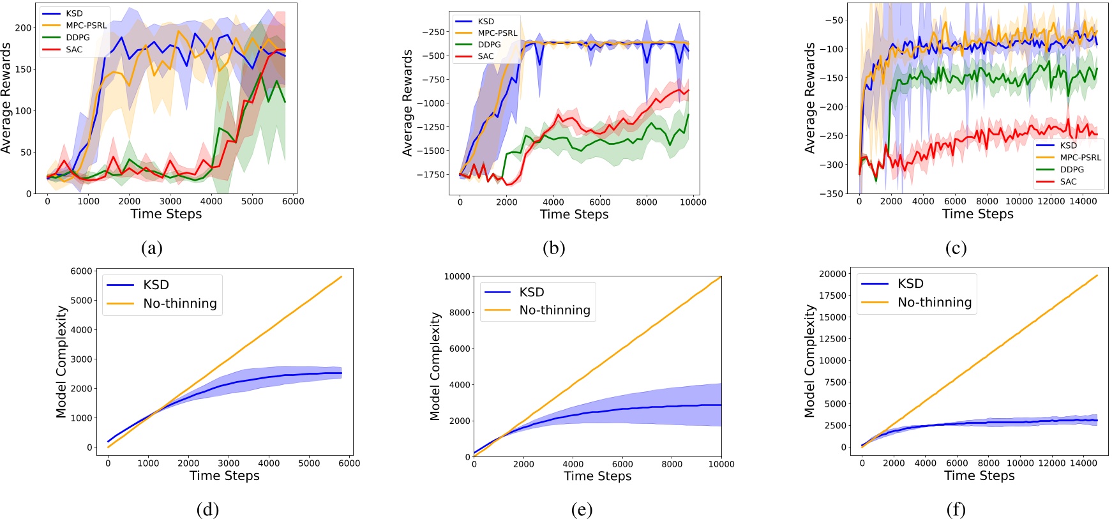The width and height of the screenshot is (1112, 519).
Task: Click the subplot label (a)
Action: click(x=152, y=248)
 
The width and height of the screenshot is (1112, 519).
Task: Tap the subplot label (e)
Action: click(x=582, y=509)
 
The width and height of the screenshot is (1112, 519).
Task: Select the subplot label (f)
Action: click(x=956, y=509)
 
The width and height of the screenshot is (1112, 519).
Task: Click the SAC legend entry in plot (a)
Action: click(x=74, y=49)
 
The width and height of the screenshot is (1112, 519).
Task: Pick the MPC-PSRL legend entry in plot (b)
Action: click(x=497, y=33)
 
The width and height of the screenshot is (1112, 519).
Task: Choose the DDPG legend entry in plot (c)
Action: click(x=1072, y=169)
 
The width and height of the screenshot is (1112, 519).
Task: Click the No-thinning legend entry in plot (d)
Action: click(x=179, y=303)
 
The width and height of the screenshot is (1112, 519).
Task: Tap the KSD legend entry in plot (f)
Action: click(x=910, y=283)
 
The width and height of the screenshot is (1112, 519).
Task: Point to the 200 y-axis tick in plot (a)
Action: click(x=23, y=27)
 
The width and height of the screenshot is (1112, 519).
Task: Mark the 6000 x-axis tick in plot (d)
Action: click(x=349, y=463)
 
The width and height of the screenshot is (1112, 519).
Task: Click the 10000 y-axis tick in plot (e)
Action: click(x=457, y=276)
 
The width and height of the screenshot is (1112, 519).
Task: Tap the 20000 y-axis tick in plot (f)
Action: click(x=832, y=273)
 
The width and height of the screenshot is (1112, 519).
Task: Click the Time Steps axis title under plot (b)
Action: click(x=574, y=214)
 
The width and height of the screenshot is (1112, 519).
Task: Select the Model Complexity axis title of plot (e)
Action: click(x=435, y=366)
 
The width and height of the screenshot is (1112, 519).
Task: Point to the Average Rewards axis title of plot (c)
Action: click(x=810, y=98)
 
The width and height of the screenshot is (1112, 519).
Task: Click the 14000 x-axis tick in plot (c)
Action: click(x=1083, y=201)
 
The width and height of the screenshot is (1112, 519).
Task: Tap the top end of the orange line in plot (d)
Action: click(x=342, y=276)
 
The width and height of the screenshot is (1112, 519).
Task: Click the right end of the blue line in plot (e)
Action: click(x=721, y=405)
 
